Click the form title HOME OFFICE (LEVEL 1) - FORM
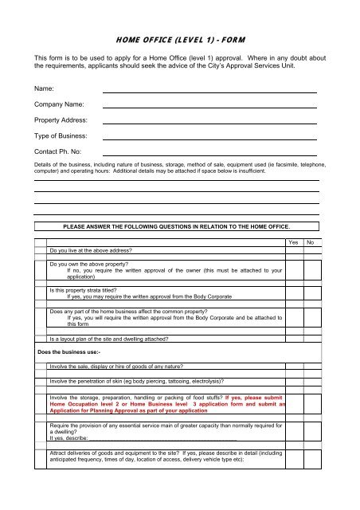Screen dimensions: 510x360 (x=180, y=37)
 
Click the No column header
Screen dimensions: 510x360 (x=313, y=241)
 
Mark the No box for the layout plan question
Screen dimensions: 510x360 (x=313, y=338)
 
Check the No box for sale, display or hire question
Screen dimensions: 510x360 (x=313, y=367)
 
